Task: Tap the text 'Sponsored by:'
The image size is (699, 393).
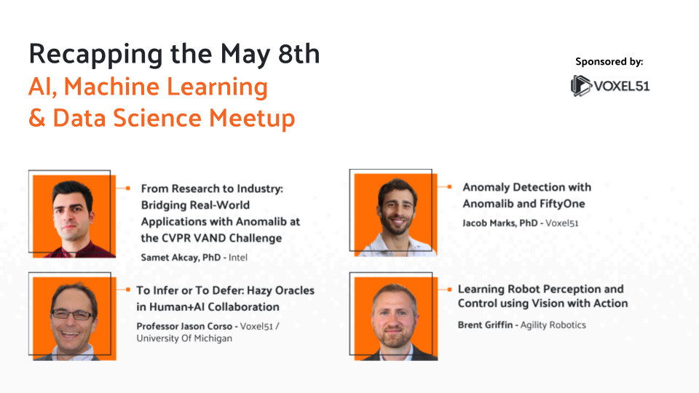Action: (x=609, y=62)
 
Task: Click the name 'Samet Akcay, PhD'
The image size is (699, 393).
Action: (x=181, y=256)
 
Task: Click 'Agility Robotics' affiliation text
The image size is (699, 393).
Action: (x=553, y=325)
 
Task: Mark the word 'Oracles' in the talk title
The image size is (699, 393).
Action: (x=294, y=290)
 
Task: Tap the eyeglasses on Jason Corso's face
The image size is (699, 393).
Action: (x=72, y=314)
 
